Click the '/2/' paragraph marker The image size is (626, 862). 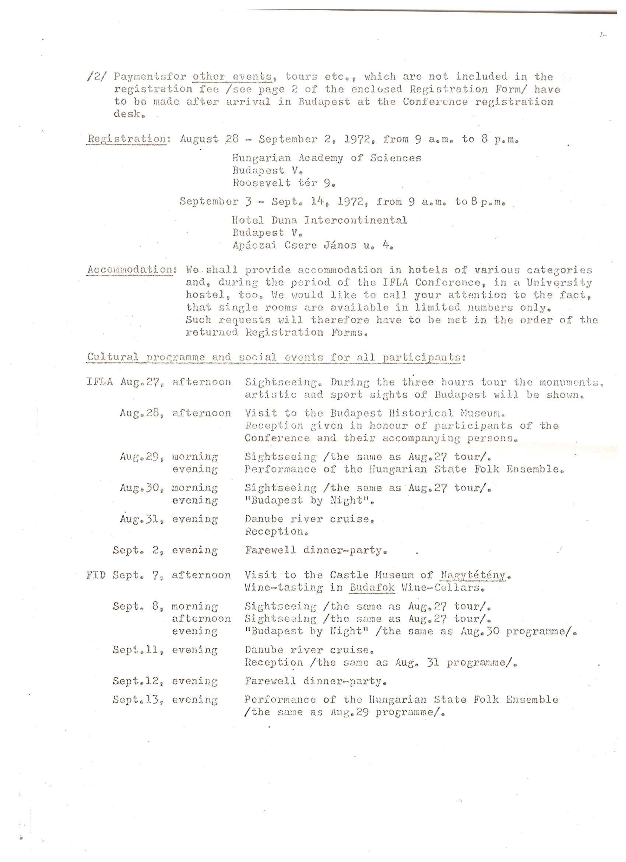click(x=97, y=76)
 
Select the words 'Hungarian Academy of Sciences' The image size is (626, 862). click(x=327, y=158)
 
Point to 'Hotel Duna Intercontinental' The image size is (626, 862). click(x=320, y=220)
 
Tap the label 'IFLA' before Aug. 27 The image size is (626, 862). click(x=100, y=382)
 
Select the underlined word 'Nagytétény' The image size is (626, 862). click(x=473, y=575)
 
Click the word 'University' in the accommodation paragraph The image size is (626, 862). click(x=559, y=283)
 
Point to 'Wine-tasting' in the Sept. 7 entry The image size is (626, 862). click(x=284, y=588)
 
